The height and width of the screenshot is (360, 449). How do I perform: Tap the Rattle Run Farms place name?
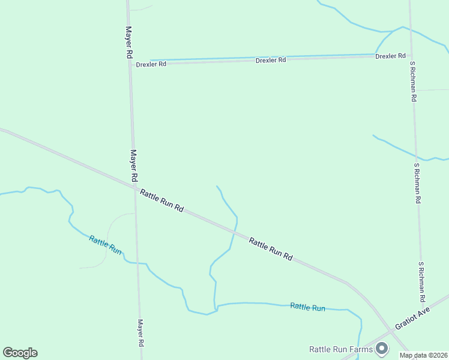click(x=340, y=349)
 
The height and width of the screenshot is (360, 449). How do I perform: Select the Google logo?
click(x=20, y=353)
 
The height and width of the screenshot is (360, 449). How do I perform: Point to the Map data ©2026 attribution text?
click(x=423, y=355)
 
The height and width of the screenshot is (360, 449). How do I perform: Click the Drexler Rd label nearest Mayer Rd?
click(x=151, y=64)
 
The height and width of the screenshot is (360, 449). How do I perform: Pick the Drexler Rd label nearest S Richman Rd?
click(x=390, y=56)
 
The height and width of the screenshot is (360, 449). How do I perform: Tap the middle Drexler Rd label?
click(x=271, y=60)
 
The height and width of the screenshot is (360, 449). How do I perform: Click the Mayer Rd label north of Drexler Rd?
click(x=128, y=42)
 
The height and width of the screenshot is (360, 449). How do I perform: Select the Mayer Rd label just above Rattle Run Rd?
click(x=134, y=166)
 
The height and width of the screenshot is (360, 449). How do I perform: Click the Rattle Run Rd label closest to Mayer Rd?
click(x=161, y=200)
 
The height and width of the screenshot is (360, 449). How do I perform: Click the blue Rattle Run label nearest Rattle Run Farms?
click(x=307, y=307)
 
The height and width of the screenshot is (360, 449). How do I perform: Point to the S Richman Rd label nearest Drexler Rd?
click(x=413, y=80)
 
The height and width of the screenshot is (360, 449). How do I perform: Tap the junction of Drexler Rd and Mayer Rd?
click(x=130, y=63)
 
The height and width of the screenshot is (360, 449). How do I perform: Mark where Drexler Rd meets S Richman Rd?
click(x=411, y=55)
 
